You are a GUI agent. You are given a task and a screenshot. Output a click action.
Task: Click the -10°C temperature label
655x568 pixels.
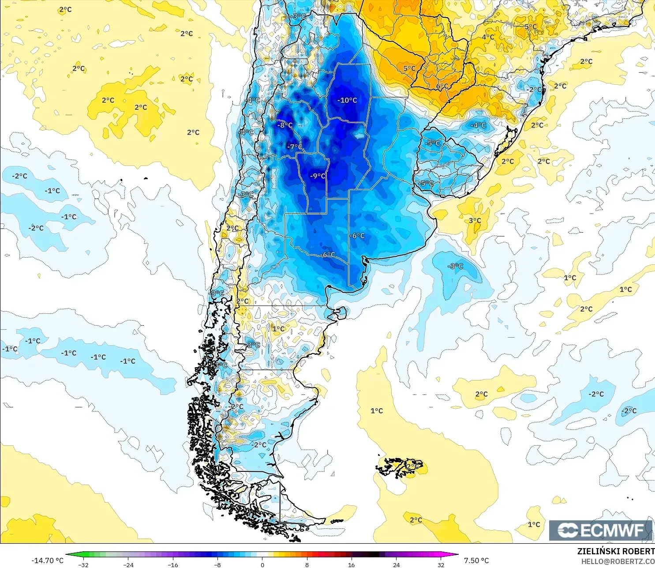pyautogui.click(x=347, y=100)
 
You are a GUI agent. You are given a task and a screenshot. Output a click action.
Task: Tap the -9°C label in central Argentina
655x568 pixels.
pyautogui.click(x=318, y=176)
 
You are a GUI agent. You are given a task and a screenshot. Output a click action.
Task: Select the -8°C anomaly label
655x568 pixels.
pyautogui.click(x=284, y=125)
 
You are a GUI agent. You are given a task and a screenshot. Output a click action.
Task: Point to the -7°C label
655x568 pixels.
pyautogui.click(x=295, y=147)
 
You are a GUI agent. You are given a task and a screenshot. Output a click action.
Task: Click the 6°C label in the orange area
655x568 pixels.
pyautogui.click(x=442, y=86)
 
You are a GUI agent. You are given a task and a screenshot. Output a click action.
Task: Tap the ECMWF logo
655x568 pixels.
pyautogui.click(x=600, y=530)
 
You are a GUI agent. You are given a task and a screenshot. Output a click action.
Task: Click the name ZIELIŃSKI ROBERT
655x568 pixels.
pyautogui.click(x=616, y=551)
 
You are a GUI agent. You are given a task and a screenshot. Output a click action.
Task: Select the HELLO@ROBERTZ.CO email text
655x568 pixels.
pyautogui.click(x=618, y=561)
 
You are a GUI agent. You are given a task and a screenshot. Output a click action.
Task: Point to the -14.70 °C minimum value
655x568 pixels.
pyautogui.click(x=47, y=560)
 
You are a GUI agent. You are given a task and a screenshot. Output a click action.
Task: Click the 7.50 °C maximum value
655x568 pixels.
pyautogui.click(x=476, y=560)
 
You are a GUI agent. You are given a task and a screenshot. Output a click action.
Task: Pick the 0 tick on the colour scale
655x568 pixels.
pyautogui.click(x=262, y=564)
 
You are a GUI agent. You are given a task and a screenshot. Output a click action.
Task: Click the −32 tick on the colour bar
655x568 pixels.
pyautogui.click(x=83, y=564)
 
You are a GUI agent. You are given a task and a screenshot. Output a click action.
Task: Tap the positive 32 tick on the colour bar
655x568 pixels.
pyautogui.click(x=441, y=564)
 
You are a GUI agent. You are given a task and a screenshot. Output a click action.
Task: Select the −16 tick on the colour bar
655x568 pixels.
pyautogui.click(x=172, y=564)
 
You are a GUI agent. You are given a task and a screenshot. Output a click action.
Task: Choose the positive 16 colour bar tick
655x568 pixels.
pyautogui.click(x=351, y=564)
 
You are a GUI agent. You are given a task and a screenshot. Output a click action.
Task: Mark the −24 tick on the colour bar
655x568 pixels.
pyautogui.click(x=128, y=564)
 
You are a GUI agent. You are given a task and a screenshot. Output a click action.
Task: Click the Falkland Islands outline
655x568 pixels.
pyautogui.click(x=399, y=467)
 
